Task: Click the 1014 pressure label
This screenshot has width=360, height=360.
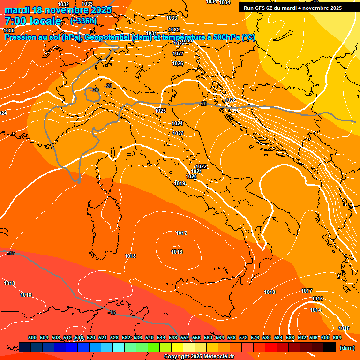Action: pyautogui.click(x=315, y=310)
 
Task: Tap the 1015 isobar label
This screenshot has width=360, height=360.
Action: pyautogui.click(x=344, y=328)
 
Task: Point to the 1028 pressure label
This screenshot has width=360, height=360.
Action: pyautogui.click(x=230, y=100)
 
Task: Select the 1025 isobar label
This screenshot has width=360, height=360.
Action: pyautogui.click(x=160, y=111)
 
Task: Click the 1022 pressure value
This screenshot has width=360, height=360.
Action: pyautogui.click(x=201, y=166)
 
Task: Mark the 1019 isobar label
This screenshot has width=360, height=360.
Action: pyautogui.click(x=180, y=183)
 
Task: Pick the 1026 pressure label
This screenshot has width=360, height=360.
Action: pyautogui.click(x=178, y=63)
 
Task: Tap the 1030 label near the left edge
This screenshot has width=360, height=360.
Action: pyautogui.click(x=9, y=30)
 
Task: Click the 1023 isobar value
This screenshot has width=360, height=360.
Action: pyautogui.click(x=178, y=134)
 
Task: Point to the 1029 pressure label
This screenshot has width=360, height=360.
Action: pyautogui.click(x=179, y=43)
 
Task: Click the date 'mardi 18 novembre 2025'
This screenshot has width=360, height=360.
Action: pyautogui.click(x=58, y=10)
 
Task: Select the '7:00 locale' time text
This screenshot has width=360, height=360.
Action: pyautogui.click(x=33, y=21)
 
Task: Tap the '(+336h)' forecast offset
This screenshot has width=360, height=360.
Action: pyautogui.click(x=83, y=21)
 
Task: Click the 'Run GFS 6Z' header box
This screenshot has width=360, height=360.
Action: pyautogui.click(x=292, y=7)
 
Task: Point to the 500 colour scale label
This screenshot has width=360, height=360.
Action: pyautogui.click(x=32, y=337)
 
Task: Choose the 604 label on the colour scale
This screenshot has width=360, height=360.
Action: pyautogui.click(x=337, y=337)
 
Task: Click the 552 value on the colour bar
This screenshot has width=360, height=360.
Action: pyautogui.click(x=185, y=337)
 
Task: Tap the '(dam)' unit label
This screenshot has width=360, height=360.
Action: pyautogui.click(x=346, y=348)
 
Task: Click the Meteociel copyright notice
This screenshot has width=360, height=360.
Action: pyautogui.click(x=199, y=356)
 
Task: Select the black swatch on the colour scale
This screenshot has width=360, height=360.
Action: pyautogui.click(x=330, y=347)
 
